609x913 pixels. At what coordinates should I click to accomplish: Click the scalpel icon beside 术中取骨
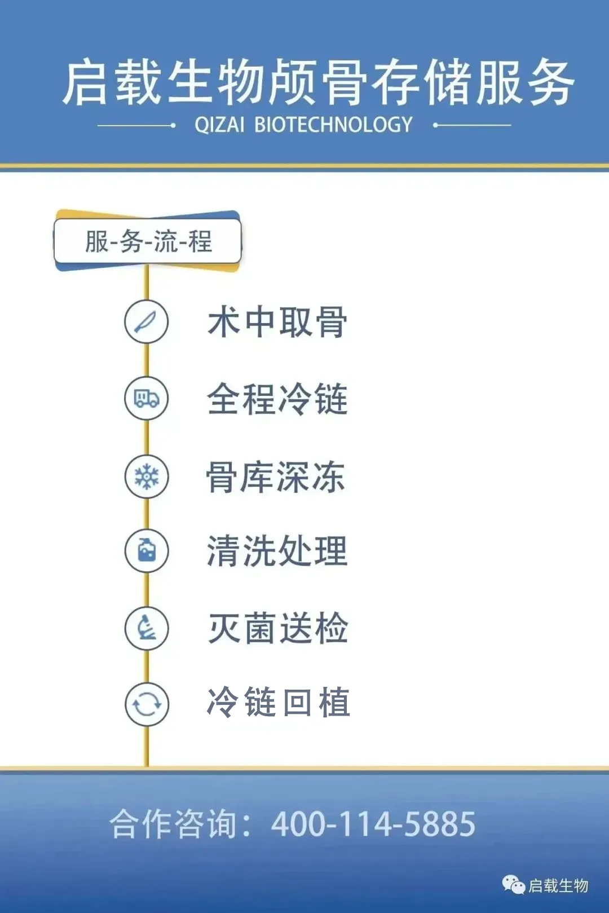point(146,321)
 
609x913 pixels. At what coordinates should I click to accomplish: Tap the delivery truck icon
point(147,398)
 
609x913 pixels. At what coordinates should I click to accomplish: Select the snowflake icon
point(147,477)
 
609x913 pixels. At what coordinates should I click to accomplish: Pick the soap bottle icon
point(147,550)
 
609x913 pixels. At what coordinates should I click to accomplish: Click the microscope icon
point(147,628)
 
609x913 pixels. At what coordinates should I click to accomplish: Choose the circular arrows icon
point(147,705)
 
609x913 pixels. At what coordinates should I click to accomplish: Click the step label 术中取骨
point(277,322)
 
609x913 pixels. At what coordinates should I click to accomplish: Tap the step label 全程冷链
point(277,399)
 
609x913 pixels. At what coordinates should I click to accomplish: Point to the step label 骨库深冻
point(276,477)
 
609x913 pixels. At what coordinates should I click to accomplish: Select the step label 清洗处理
point(277,551)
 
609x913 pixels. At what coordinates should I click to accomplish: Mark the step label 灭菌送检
point(279,628)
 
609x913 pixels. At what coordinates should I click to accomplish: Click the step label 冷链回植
point(279,702)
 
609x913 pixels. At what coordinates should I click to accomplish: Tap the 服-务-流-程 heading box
point(148,241)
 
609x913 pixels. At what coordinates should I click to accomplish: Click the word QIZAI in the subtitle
point(219,125)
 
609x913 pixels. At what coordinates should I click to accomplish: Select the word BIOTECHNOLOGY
point(333,125)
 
